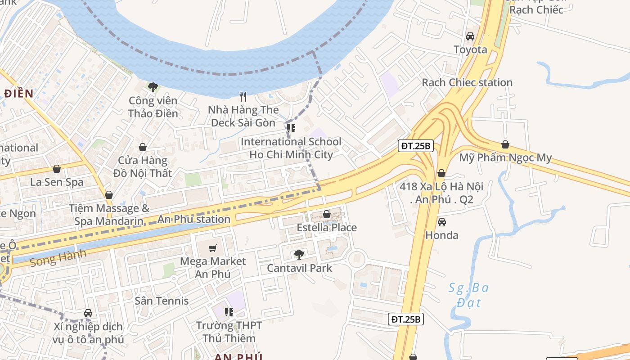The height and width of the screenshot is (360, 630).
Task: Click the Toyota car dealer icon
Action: pos(470,36)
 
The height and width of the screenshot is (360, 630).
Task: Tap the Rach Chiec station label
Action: pos(467,82)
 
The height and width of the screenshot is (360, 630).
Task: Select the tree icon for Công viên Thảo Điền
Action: pos(153,87)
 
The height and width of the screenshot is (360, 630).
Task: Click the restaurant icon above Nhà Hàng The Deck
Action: pos(243,97)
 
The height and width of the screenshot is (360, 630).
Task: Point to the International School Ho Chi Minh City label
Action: pos(291,148)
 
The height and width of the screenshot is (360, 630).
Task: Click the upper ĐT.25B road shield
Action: pos(416,146)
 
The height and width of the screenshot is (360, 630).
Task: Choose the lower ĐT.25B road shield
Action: pos(405,319)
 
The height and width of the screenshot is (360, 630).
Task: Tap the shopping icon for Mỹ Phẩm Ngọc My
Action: pos(505,144)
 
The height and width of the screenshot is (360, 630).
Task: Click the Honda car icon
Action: pos(442,222)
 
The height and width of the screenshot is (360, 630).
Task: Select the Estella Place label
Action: pos(327,228)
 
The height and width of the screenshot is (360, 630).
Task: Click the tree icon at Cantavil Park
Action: pos(299,255)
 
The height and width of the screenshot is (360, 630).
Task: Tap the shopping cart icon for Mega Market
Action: pos(213,248)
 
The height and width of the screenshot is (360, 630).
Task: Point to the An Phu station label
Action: pos(194,220)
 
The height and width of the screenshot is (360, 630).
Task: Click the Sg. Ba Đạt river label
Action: pos(468,295)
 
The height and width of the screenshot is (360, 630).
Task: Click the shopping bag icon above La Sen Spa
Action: pos(57,169)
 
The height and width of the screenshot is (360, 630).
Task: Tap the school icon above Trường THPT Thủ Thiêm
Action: pos(229,312)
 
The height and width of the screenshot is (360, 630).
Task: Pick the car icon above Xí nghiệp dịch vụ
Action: pos(88,313)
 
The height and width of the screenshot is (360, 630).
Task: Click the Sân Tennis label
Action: pos(162,301)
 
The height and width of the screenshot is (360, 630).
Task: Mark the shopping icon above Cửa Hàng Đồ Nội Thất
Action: pos(143,147)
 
